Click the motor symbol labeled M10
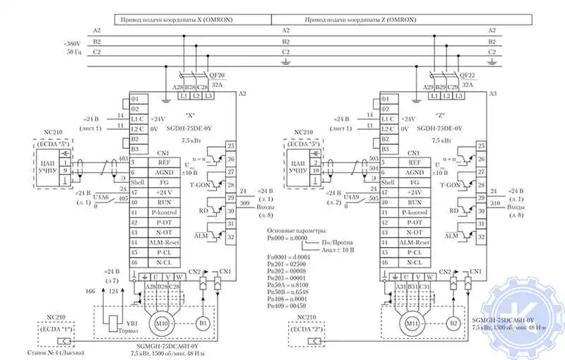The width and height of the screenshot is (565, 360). coord(163,324)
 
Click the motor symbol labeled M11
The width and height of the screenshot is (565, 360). coord(411,324)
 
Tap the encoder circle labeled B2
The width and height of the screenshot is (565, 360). coord(453,324)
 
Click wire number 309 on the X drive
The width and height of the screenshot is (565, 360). coord(244,203)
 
